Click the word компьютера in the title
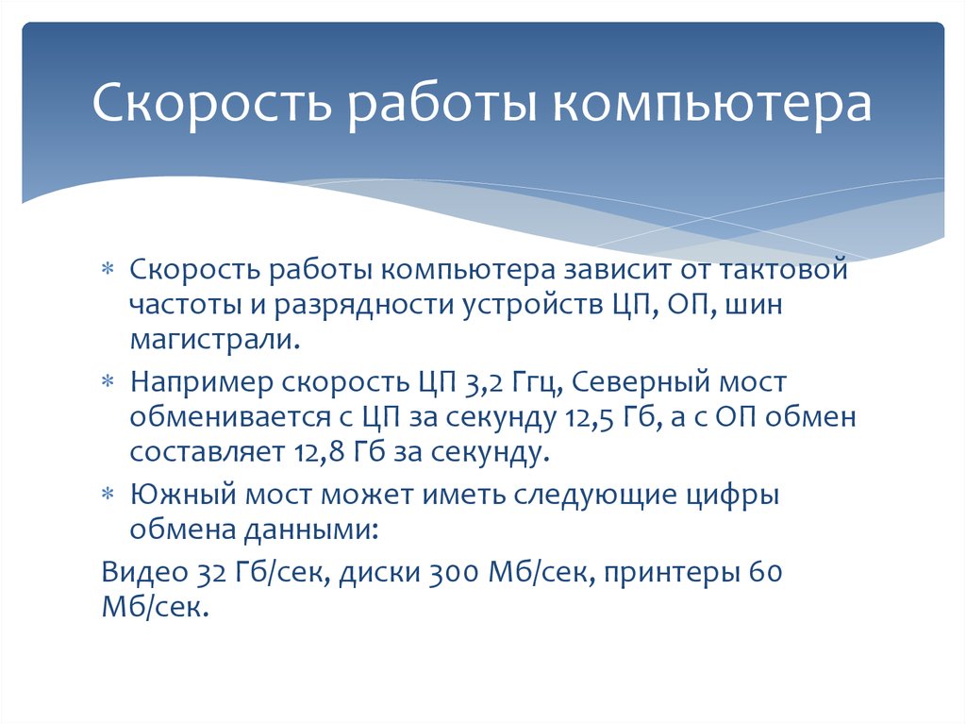pos(711,103)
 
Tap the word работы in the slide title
pos(440,103)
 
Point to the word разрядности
pos(363,306)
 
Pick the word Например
pos(201,383)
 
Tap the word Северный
pos(640,382)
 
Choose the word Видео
pos(144,572)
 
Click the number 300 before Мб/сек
pos(454,572)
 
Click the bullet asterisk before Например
pos(108,382)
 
